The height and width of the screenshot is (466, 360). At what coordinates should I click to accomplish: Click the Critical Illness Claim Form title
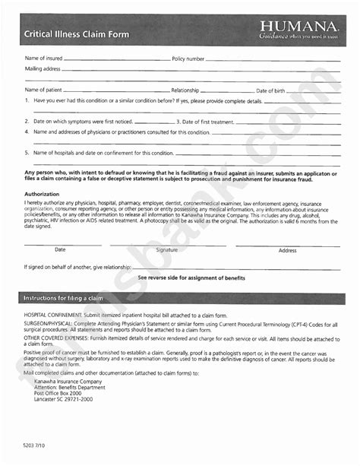(x=77, y=34)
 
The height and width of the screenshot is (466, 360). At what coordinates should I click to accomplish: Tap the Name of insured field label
(x=43, y=59)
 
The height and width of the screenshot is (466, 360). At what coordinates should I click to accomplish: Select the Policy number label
(x=188, y=59)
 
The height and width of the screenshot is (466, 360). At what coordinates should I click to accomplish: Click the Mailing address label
(x=43, y=68)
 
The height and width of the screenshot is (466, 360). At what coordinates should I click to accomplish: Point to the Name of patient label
(x=44, y=90)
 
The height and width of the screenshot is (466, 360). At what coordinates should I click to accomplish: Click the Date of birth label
(x=270, y=90)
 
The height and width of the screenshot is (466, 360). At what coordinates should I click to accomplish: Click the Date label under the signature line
(x=60, y=249)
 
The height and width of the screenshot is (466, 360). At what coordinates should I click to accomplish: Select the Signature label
(x=166, y=249)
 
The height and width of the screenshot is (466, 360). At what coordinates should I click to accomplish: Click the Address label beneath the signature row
(x=287, y=250)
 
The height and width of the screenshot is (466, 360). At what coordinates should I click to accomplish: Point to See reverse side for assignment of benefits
(x=191, y=278)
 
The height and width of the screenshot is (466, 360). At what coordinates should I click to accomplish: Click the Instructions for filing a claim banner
(x=63, y=298)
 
